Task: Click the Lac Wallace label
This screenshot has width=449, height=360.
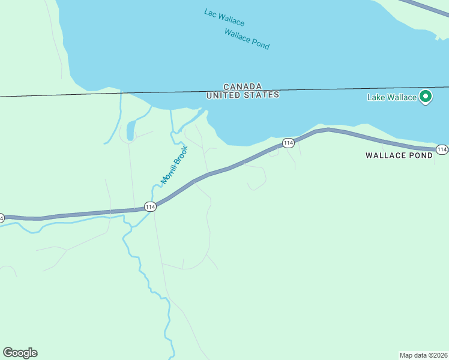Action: click(x=224, y=17)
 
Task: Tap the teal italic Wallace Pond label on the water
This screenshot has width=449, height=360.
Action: click(x=247, y=39)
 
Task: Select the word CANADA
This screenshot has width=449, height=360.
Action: click(x=243, y=86)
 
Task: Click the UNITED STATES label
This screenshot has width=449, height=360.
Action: click(x=243, y=95)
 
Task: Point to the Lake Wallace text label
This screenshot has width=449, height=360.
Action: click(x=392, y=97)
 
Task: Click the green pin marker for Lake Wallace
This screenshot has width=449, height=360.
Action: click(x=426, y=96)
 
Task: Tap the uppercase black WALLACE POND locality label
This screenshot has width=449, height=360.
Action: click(x=399, y=155)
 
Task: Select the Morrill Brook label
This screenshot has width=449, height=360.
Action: click(x=174, y=164)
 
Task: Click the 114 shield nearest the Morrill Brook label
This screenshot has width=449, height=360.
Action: click(x=150, y=207)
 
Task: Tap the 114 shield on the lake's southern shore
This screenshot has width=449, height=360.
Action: click(x=288, y=143)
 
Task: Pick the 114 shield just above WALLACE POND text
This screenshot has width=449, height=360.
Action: click(x=442, y=149)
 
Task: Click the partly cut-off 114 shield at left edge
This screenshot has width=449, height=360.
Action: click(x=2, y=217)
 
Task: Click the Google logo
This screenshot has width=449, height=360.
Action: click(x=20, y=353)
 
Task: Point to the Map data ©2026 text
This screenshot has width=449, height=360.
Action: click(x=423, y=355)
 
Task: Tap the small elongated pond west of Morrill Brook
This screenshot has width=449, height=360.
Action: click(x=130, y=130)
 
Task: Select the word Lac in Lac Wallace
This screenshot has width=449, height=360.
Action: click(x=209, y=12)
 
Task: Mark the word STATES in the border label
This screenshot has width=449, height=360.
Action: click(x=264, y=95)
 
